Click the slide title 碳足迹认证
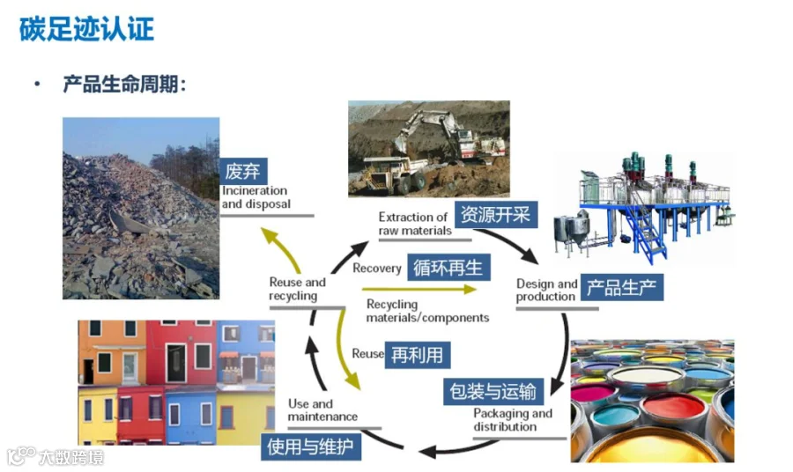pyautogui.click(x=86, y=28)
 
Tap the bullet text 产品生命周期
pyautogui.click(x=123, y=85)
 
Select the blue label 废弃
pyautogui.click(x=242, y=171)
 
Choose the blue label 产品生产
pyautogui.click(x=624, y=288)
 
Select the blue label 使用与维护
pyautogui.click(x=309, y=446)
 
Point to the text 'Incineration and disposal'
pyautogui.click(x=255, y=197)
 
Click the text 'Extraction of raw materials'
pyautogui.click(x=414, y=224)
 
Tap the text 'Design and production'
pyautogui.click(x=546, y=290)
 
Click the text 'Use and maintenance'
pyautogui.click(x=322, y=410)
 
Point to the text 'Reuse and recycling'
pyautogui.click(x=297, y=289)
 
